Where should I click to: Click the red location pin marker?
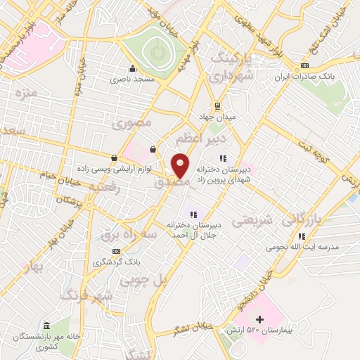[x=181, y=165]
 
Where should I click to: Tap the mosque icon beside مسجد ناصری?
[x=132, y=69]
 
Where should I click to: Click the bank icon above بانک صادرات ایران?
[x=304, y=66]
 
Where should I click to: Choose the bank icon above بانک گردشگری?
[x=116, y=251]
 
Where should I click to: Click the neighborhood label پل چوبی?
[x=143, y=281]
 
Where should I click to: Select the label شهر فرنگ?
[x=87, y=295]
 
